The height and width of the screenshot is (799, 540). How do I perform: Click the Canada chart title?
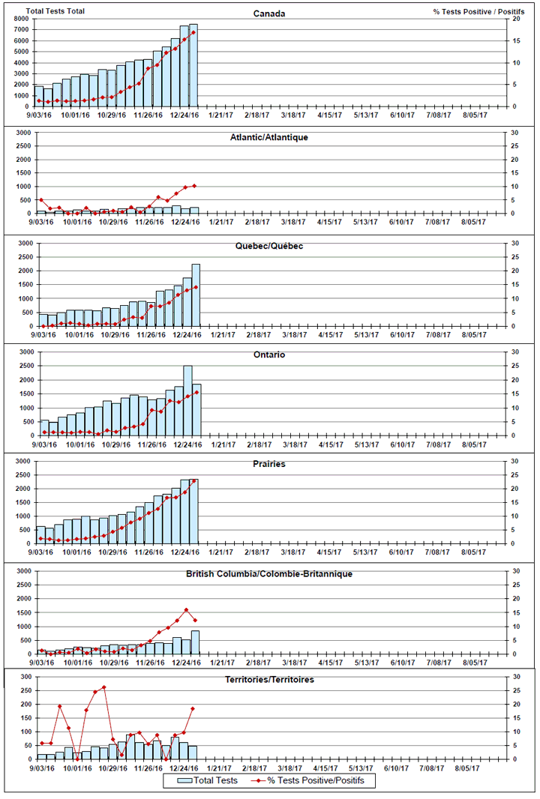point(269,13)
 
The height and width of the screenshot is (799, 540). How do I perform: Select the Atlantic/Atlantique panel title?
point(269,137)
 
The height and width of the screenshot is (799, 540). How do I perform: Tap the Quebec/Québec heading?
point(269,246)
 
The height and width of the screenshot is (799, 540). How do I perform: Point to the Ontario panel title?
point(269,355)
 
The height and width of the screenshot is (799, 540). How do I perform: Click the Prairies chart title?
point(269,464)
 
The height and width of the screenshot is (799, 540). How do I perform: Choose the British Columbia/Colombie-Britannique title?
point(269,574)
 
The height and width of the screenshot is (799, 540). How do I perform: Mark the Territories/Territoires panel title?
point(269,679)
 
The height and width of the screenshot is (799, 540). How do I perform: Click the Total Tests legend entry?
point(208,780)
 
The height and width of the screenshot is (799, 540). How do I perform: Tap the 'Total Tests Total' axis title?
point(55,11)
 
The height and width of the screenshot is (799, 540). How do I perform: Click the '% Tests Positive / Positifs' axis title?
point(478,12)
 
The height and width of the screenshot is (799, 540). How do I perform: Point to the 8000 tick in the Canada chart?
point(22,19)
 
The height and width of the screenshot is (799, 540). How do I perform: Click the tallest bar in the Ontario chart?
point(187,400)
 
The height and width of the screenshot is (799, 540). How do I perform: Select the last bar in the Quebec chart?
point(196,295)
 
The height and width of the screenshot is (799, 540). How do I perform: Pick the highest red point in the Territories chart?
point(104,687)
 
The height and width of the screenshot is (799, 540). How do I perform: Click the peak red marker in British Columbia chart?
point(186,610)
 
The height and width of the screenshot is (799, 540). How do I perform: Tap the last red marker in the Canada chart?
point(193,32)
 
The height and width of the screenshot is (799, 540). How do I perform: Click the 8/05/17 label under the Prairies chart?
point(474,552)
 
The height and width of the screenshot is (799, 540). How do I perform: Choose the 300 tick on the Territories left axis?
point(25,677)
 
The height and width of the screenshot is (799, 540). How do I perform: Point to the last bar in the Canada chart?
point(193,65)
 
